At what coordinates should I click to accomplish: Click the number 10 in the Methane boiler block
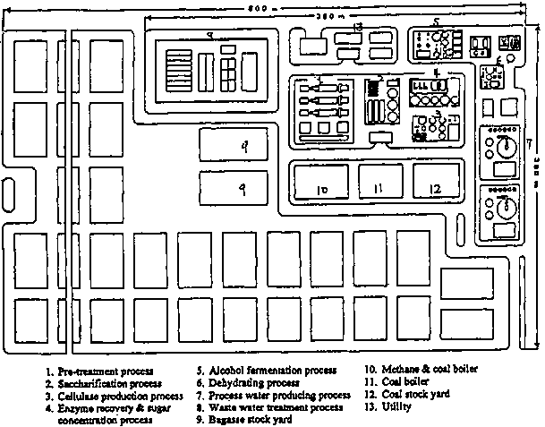(321, 190)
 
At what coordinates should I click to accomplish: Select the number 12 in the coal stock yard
(434, 189)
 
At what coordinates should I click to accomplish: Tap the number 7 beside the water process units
(529, 143)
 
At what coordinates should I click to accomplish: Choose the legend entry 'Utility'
(396, 407)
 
